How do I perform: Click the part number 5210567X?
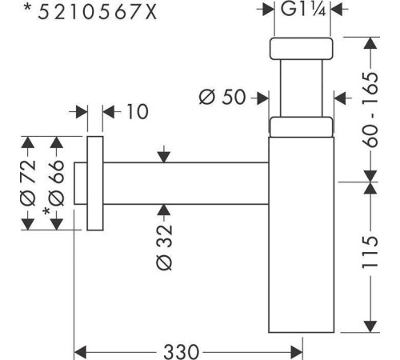point(98,13)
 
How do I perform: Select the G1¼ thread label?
point(303,9)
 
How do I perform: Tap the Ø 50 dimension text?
point(222,97)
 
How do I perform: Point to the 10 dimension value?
point(138,111)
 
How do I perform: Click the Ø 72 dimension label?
point(28,183)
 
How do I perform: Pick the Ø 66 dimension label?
point(57,183)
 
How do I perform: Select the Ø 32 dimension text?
point(164,248)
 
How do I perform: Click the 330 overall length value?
point(182,352)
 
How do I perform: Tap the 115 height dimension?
point(370,252)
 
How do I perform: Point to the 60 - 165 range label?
point(370,110)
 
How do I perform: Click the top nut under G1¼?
point(302,49)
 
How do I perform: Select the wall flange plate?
point(95,183)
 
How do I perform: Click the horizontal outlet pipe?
point(186,183)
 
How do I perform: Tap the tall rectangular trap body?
point(302,234)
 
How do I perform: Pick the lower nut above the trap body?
point(302,126)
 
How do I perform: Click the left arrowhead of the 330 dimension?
point(80,352)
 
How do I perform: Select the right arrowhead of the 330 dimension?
point(296,352)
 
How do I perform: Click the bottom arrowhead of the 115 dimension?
point(370,326)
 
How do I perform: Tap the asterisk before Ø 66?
point(46,211)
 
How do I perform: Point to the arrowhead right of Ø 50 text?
point(262,98)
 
